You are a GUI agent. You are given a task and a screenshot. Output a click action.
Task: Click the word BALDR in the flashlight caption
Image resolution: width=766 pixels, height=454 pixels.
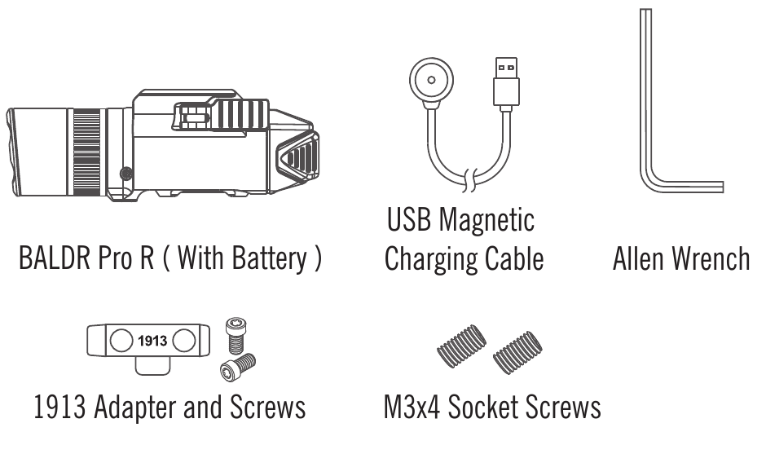(55, 258)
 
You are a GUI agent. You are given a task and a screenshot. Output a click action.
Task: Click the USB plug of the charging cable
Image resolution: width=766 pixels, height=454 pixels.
(506, 84)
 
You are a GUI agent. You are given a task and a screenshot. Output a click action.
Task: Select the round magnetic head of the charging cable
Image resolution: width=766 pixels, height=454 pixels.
(431, 82)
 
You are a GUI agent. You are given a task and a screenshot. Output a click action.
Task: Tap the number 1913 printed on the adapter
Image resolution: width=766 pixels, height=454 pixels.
(152, 341)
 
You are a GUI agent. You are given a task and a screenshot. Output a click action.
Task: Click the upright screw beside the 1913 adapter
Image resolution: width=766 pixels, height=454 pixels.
(236, 335)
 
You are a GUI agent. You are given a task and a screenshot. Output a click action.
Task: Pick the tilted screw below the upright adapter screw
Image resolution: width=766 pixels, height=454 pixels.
(238, 368)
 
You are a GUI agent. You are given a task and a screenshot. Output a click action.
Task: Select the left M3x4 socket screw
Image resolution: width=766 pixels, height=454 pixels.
(462, 346)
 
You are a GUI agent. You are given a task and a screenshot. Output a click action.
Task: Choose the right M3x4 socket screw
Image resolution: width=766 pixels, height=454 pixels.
(517, 353)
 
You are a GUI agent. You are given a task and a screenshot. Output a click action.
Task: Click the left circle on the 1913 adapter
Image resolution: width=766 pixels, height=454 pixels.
(121, 341)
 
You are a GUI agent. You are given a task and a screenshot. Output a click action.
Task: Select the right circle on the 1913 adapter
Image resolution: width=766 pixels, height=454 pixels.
(184, 341)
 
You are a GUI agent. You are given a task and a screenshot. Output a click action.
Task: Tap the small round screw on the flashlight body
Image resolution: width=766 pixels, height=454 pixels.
(126, 173)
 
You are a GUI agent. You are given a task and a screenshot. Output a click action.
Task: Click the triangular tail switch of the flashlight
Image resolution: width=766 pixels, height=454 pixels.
(297, 157)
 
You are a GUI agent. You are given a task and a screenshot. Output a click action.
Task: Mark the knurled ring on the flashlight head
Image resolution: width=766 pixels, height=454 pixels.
(86, 152)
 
